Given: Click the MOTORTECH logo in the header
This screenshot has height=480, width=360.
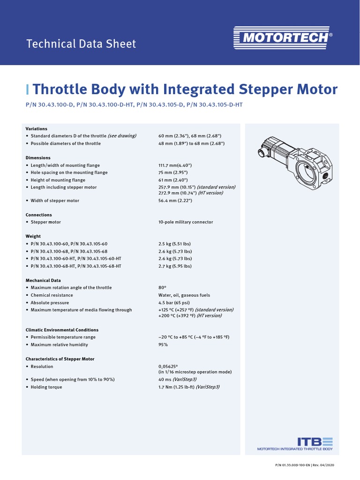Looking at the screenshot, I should [281, 37].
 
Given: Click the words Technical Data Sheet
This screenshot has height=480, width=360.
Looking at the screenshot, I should [81, 44].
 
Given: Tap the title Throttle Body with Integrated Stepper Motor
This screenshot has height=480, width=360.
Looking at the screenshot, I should [185, 89].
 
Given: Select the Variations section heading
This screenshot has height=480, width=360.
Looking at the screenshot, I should [36, 128].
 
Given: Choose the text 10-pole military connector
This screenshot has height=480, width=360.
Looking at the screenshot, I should [186, 222].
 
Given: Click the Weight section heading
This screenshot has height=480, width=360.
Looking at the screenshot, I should [33, 236].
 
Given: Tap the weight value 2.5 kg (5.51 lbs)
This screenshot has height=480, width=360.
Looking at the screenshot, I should [175, 244].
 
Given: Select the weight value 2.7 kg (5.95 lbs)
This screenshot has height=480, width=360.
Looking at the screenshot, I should [175, 266].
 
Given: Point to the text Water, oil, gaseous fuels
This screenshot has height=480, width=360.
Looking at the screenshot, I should [184, 295].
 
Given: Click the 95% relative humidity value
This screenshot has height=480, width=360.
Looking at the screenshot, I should [163, 345].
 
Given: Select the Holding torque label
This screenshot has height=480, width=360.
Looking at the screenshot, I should [46, 387].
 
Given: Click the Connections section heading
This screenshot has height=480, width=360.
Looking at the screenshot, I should [38, 215].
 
